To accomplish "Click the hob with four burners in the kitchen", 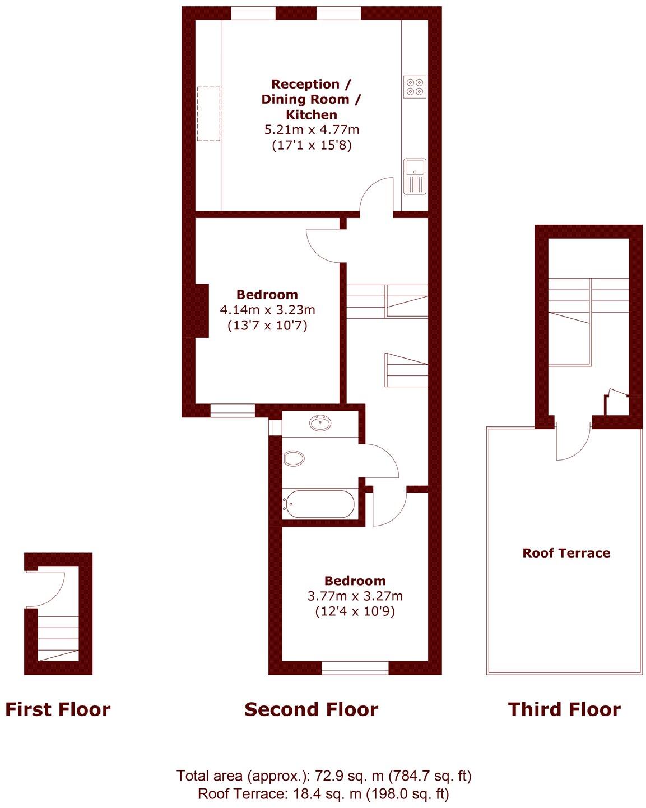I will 415,87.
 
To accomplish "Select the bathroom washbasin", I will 320,424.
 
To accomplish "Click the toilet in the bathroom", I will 294,458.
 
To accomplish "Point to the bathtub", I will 318,504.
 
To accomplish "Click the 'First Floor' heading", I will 58,709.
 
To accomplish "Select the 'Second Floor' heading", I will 311,709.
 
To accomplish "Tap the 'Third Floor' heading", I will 564,709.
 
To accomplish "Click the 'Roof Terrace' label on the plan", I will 566,553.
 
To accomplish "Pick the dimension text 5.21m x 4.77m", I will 312,130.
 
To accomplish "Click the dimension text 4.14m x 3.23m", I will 267,309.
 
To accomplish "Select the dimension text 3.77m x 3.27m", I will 355,596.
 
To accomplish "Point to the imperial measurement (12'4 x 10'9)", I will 355,611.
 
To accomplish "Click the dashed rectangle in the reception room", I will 208,114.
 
